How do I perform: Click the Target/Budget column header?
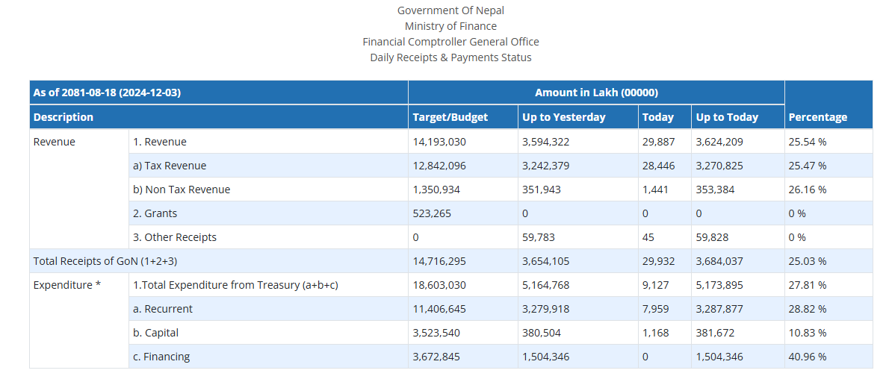click(450, 117)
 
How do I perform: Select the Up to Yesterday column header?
click(563, 117)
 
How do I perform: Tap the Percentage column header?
click(817, 117)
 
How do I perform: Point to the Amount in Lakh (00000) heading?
click(596, 93)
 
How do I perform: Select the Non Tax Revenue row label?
click(182, 190)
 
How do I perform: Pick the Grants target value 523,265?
click(433, 213)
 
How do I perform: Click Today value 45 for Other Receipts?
click(648, 237)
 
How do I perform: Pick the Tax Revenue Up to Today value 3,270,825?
click(719, 166)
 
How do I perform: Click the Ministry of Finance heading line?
click(450, 26)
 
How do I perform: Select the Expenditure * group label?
click(67, 285)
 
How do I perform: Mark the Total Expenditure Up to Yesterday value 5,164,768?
click(546, 285)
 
